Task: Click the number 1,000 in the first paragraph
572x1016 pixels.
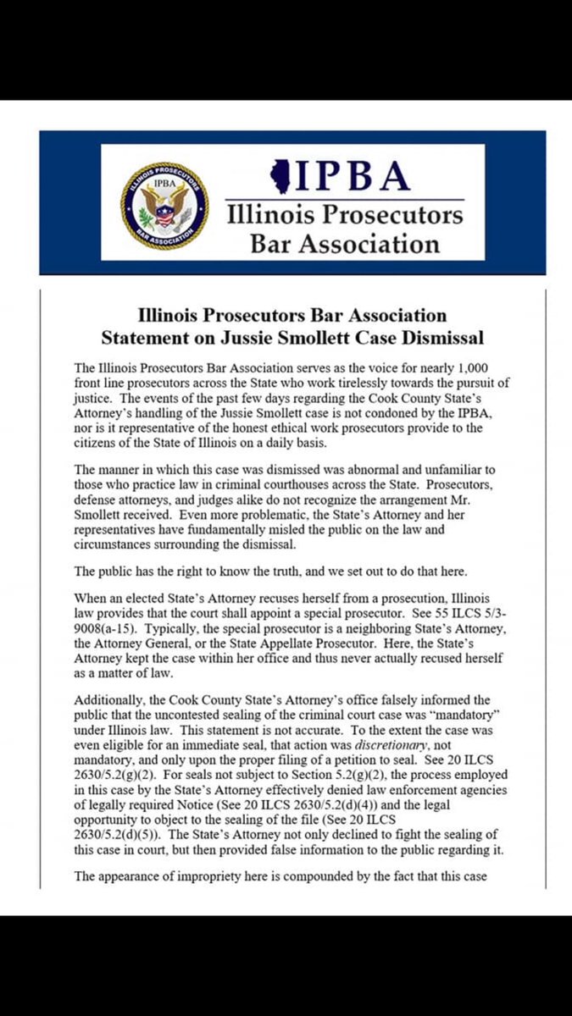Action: (x=471, y=367)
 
